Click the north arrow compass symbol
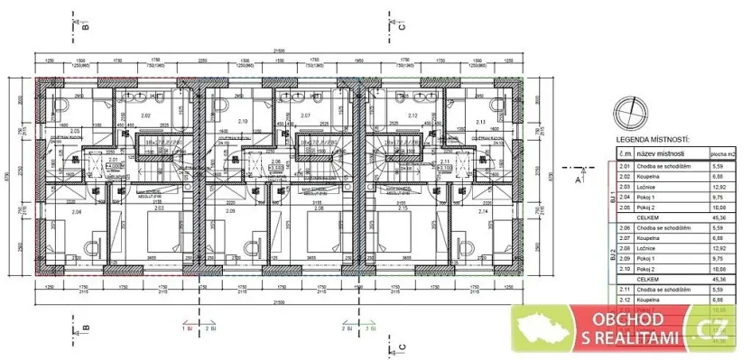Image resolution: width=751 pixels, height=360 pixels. click(628, 114)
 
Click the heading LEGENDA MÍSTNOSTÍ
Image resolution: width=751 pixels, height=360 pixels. click(653, 141)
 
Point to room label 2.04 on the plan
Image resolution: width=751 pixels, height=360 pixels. click(76, 211)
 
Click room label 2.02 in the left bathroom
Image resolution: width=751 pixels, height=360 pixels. click(144, 116)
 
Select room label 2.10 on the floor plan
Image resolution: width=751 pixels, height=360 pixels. click(242, 120)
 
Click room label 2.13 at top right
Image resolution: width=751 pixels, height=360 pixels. click(480, 120)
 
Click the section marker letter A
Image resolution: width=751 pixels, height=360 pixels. click(578, 179)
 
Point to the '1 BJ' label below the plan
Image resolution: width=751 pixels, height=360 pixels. click(186, 330)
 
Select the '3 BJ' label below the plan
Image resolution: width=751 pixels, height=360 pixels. click(368, 330)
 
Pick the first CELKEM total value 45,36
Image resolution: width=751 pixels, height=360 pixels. click(720, 216)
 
